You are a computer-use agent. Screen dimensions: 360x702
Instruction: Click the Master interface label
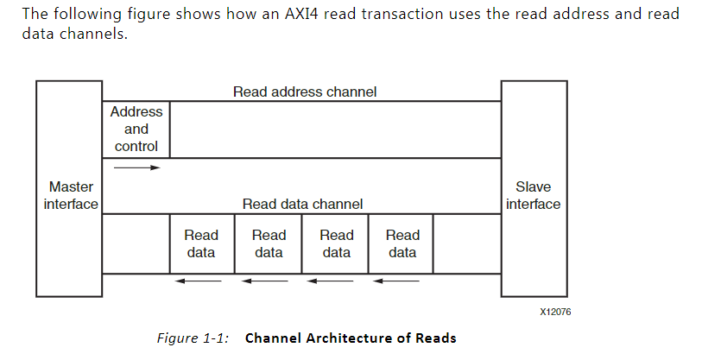(71, 195)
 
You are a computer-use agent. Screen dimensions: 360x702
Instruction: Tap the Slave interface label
(533, 195)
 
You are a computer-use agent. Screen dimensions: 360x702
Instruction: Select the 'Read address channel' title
(304, 92)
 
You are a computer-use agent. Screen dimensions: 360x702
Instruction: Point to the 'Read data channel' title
(302, 205)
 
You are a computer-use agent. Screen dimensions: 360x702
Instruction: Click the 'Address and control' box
(136, 129)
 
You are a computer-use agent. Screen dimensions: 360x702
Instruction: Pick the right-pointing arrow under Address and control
(136, 167)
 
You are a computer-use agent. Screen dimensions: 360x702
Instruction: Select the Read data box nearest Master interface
(201, 243)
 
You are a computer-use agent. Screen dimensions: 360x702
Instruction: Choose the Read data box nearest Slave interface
(402, 243)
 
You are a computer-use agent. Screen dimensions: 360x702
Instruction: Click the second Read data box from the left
(269, 243)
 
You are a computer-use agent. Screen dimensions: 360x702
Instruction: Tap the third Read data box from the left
(336, 243)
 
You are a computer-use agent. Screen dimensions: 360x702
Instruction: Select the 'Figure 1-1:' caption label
(193, 338)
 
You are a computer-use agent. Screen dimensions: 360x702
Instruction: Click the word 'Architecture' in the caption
(346, 338)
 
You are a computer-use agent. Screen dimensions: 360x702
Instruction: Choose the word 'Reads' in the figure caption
(436, 338)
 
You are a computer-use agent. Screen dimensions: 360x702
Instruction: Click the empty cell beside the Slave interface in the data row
(466, 243)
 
